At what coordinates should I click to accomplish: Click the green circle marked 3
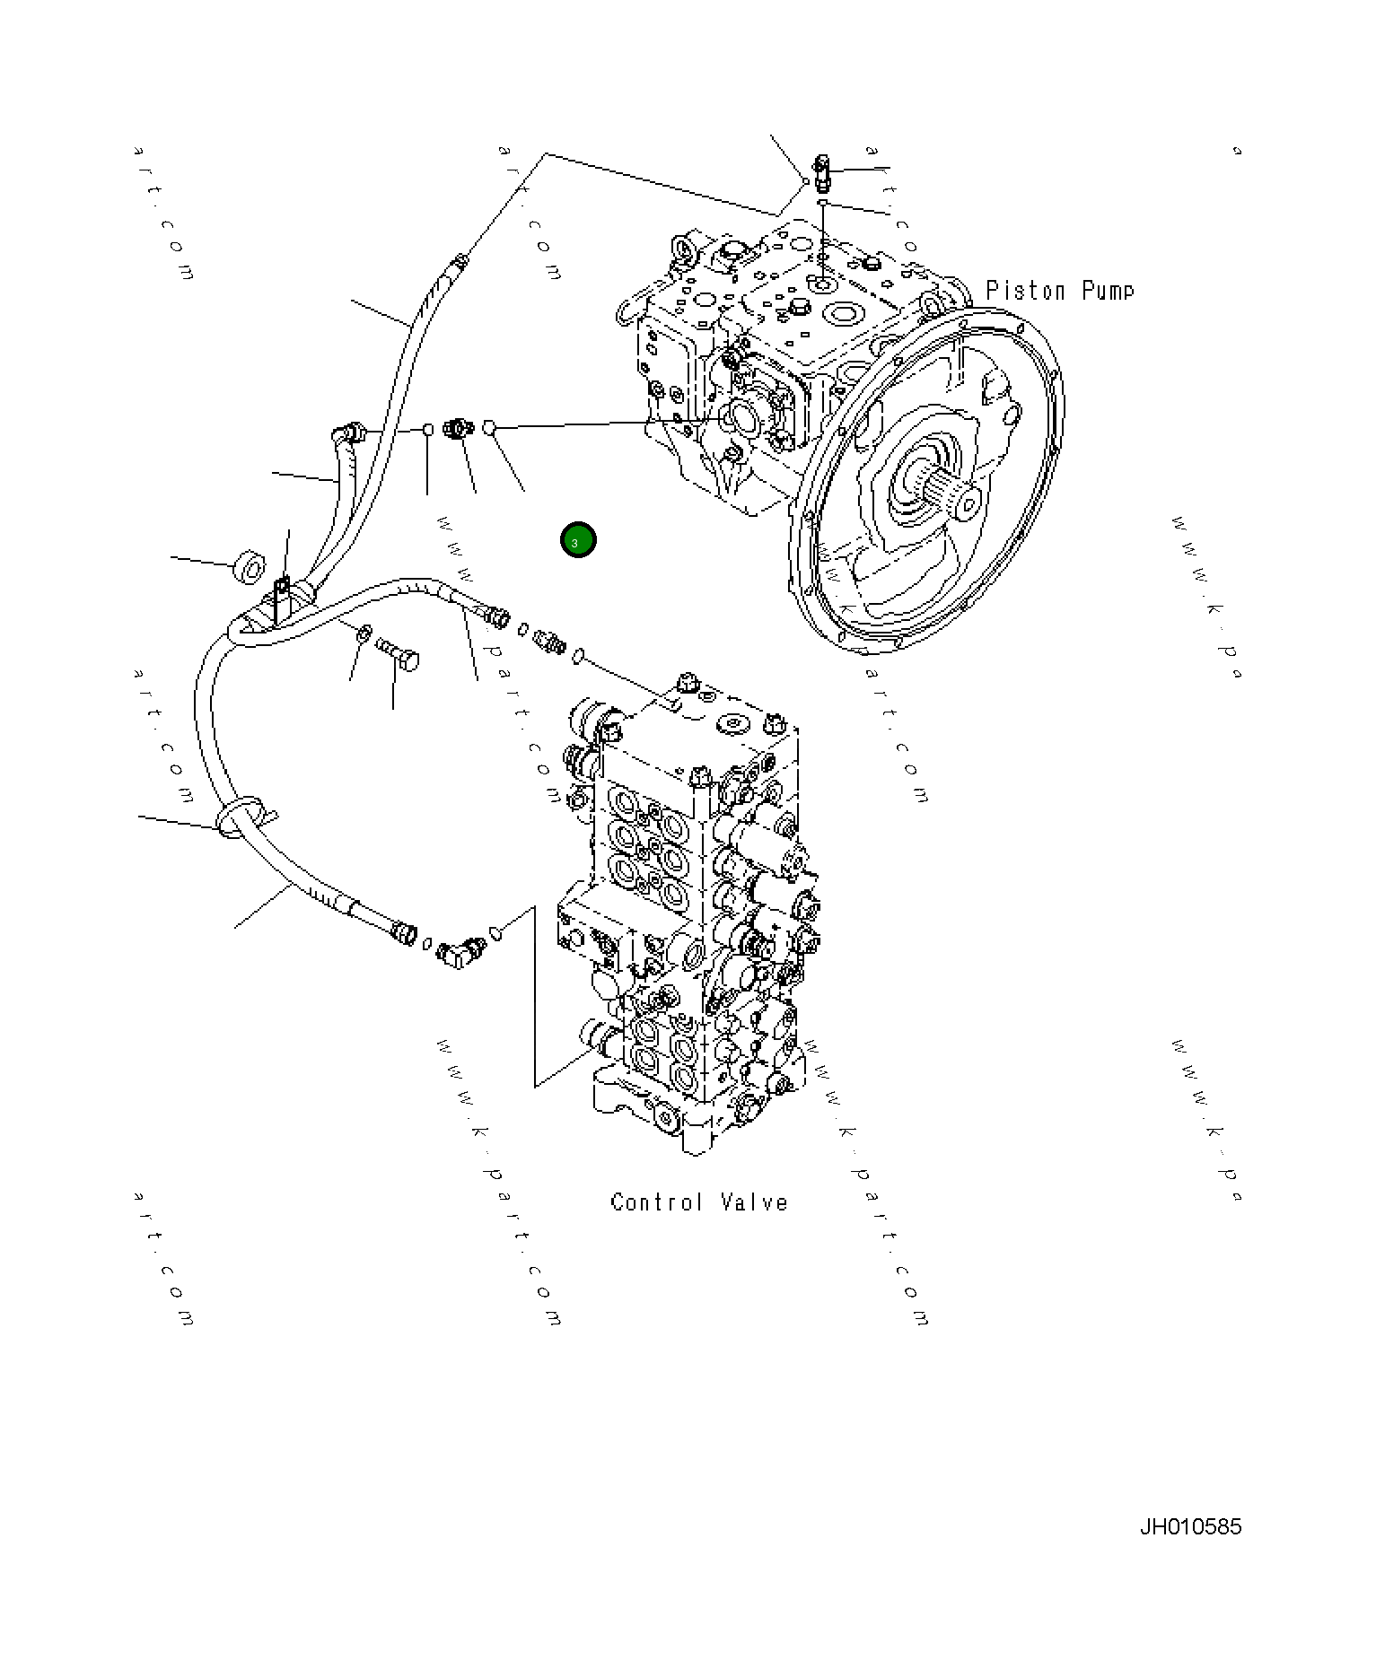[x=577, y=540]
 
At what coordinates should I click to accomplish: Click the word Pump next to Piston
[x=1108, y=291]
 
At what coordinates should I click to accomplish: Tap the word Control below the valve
[x=655, y=1202]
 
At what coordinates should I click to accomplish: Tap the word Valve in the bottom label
[x=754, y=1202]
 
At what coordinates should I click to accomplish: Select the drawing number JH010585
[x=1190, y=1525]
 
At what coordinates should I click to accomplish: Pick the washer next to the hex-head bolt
[x=364, y=634]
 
